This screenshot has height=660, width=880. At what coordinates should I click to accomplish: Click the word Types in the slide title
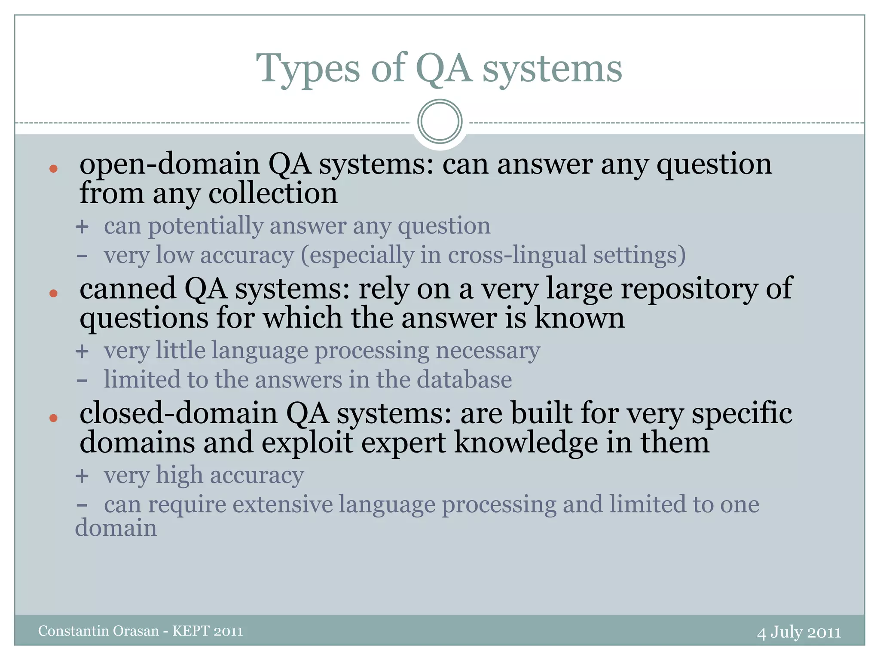point(308,69)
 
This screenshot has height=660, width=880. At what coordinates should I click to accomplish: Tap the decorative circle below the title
point(440,121)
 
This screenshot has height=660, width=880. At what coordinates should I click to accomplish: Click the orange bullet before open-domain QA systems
point(53,169)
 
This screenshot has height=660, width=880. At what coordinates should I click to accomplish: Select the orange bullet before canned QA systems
point(53,293)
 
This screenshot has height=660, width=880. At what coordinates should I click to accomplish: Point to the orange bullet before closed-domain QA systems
point(53,418)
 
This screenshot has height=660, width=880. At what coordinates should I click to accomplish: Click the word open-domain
point(170,165)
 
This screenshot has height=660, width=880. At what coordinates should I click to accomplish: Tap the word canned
point(128,289)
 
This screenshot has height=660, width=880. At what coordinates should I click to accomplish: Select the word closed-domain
point(178,413)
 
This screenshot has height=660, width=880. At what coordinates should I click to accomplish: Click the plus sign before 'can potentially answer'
point(82,227)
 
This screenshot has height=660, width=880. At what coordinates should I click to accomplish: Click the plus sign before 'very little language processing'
point(82,351)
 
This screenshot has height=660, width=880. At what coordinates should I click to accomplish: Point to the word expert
point(403,443)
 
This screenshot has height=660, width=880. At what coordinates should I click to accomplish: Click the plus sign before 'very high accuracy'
point(82,476)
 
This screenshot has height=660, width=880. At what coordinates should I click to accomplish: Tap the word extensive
point(283,504)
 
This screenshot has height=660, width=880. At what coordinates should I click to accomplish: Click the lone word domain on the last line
point(116,528)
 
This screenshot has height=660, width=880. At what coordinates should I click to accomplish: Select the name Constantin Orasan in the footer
point(98,631)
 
